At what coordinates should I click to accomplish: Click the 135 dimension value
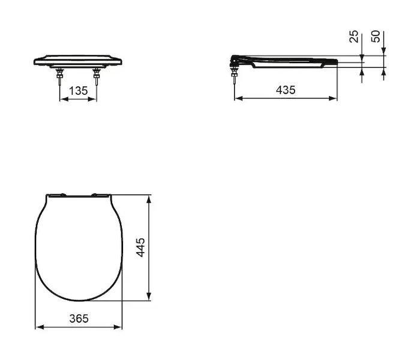pyautogui.click(x=78, y=91)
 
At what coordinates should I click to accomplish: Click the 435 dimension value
pyautogui.click(x=286, y=90)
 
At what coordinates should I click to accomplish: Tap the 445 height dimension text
pyautogui.click(x=140, y=247)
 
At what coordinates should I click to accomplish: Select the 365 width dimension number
pyautogui.click(x=79, y=319)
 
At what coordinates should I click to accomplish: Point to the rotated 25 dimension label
pyautogui.click(x=354, y=37)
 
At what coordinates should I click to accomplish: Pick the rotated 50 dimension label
pyautogui.click(x=376, y=37)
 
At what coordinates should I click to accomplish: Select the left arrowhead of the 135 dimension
pyautogui.click(x=64, y=100)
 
